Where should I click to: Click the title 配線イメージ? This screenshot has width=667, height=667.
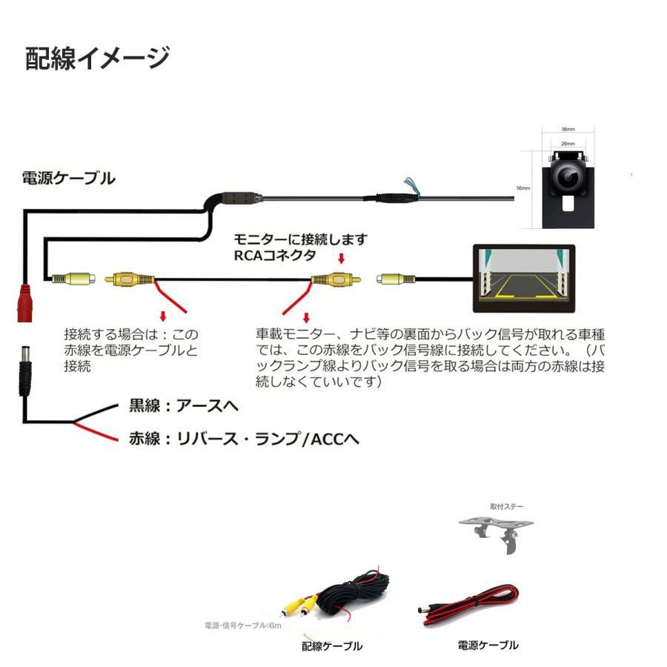point(97,58)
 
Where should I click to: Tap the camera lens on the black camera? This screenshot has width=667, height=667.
point(568,176)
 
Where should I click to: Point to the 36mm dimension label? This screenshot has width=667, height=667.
point(568,127)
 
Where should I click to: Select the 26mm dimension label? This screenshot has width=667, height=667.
point(568,143)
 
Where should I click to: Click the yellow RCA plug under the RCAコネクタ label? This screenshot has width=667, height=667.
point(333,280)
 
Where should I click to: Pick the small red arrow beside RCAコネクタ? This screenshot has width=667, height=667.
point(342,259)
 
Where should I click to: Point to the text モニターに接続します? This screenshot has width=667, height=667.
point(300,240)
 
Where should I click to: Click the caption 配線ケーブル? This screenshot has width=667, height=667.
point(332,646)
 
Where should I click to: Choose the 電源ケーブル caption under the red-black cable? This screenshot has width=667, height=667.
point(488,645)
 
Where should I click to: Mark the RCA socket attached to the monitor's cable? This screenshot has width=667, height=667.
point(391,280)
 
